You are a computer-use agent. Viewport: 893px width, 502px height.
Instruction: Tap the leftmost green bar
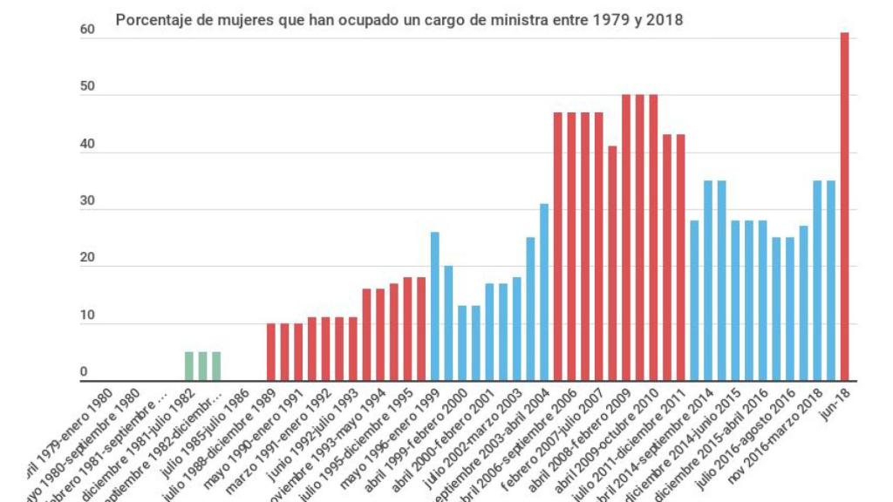[188, 366]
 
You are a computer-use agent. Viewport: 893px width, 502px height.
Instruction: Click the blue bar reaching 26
[434, 306]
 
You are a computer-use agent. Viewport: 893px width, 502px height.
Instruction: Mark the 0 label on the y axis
[85, 373]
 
